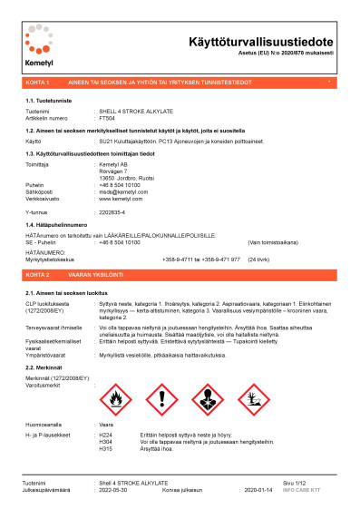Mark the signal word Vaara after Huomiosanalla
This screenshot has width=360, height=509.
pyautogui.click(x=106, y=398)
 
